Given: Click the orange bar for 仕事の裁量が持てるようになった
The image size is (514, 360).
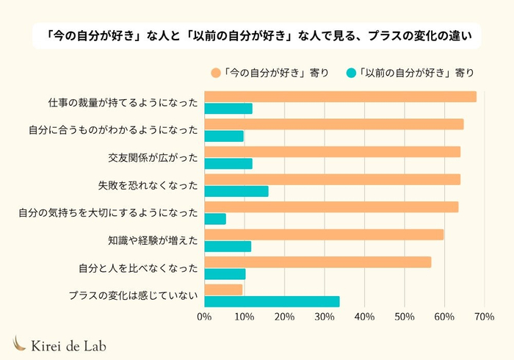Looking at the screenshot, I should (340, 96).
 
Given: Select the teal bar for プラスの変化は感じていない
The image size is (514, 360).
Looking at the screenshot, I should (272, 301).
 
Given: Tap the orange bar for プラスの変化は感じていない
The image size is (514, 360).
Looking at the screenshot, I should (223, 289).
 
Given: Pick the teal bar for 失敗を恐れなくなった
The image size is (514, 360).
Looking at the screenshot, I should (236, 191).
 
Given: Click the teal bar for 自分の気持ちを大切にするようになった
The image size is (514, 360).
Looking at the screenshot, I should (214, 219).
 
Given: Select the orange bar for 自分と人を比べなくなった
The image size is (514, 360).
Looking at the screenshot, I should (317, 262).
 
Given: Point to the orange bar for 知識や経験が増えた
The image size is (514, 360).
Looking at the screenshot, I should (324, 234).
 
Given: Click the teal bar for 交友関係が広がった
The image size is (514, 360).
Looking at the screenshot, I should (228, 163).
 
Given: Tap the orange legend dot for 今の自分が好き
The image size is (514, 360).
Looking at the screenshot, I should (215, 73).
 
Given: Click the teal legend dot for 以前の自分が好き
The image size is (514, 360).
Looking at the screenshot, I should (351, 73).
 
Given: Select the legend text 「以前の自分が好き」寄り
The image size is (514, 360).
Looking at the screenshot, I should (416, 73).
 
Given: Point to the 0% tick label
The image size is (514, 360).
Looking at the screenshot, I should (204, 317).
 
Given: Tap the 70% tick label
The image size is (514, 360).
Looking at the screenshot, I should (483, 317).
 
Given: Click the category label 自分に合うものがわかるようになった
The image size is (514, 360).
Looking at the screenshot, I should (114, 130).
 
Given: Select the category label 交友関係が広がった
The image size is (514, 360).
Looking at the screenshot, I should (153, 157).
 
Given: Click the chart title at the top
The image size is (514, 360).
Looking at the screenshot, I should (257, 35).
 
